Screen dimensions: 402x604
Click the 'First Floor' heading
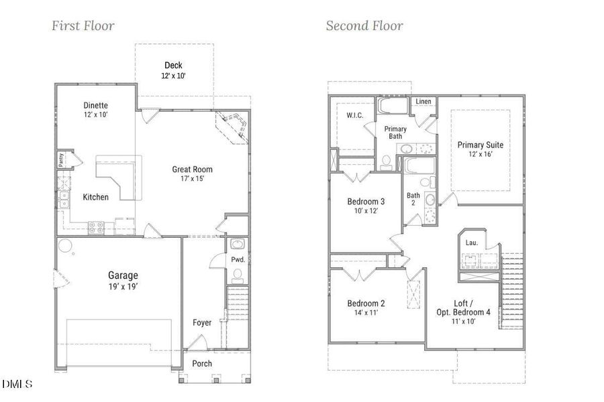(x=83, y=26)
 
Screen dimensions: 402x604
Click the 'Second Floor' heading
(x=364, y=26)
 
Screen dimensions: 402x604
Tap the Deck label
(x=173, y=66)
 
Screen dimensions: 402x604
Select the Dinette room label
(x=96, y=106)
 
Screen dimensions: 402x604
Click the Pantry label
(x=60, y=159)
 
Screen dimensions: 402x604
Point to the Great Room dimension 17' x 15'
(x=192, y=179)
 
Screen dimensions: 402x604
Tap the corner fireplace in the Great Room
(x=233, y=127)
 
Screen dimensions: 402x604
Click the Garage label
(x=123, y=275)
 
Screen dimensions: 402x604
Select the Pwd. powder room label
(x=237, y=259)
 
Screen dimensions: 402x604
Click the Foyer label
(x=201, y=323)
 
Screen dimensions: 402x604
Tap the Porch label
(x=202, y=364)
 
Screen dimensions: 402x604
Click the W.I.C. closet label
(x=356, y=115)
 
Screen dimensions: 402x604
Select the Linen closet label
(x=423, y=102)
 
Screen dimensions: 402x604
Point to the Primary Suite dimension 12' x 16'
(x=480, y=155)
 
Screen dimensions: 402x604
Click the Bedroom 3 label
(x=366, y=202)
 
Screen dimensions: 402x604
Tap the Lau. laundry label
(x=472, y=243)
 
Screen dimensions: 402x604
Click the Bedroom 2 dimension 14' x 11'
(x=366, y=313)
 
